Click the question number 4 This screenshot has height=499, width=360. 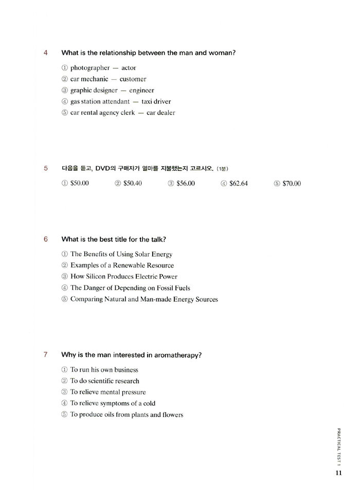(x=46, y=53)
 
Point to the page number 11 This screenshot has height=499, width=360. (x=338, y=473)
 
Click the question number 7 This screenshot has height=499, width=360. (x=46, y=355)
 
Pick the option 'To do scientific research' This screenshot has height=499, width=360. (x=104, y=381)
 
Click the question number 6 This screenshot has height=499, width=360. (x=46, y=239)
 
